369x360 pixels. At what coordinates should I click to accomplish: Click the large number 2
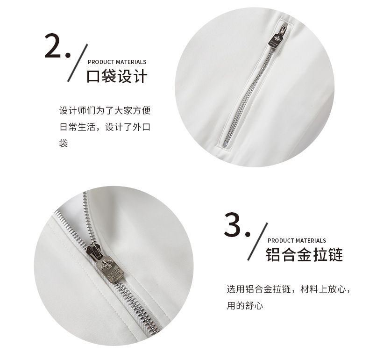point(54,45)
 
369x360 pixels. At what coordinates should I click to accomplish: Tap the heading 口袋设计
point(117,76)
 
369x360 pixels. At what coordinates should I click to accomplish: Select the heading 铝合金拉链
point(304,255)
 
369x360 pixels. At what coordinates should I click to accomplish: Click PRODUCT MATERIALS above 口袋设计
point(117,62)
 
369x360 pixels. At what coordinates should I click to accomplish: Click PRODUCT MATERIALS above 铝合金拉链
point(297,241)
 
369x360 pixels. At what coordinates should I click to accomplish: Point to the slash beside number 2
point(78,63)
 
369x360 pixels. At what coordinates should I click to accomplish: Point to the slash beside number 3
point(257,241)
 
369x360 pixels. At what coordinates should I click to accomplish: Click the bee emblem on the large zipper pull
point(105,265)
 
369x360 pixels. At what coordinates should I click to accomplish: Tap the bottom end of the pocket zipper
point(225,146)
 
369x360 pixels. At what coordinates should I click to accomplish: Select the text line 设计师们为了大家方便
point(105,110)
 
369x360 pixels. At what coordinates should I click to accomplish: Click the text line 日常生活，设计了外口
point(105,127)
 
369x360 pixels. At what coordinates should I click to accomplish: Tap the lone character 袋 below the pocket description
point(64,143)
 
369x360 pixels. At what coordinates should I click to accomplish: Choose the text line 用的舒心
point(245,306)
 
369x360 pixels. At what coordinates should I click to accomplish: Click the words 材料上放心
point(323,289)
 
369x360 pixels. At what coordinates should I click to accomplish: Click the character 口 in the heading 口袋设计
point(93,76)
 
